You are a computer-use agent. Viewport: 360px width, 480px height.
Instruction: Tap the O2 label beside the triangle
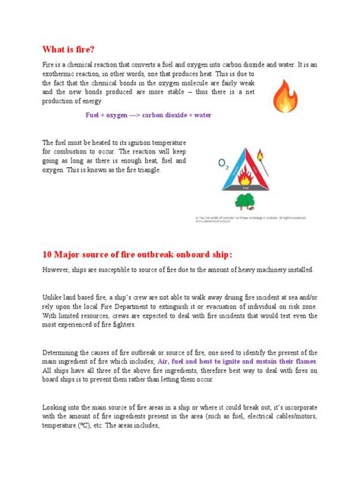coord(224,163)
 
